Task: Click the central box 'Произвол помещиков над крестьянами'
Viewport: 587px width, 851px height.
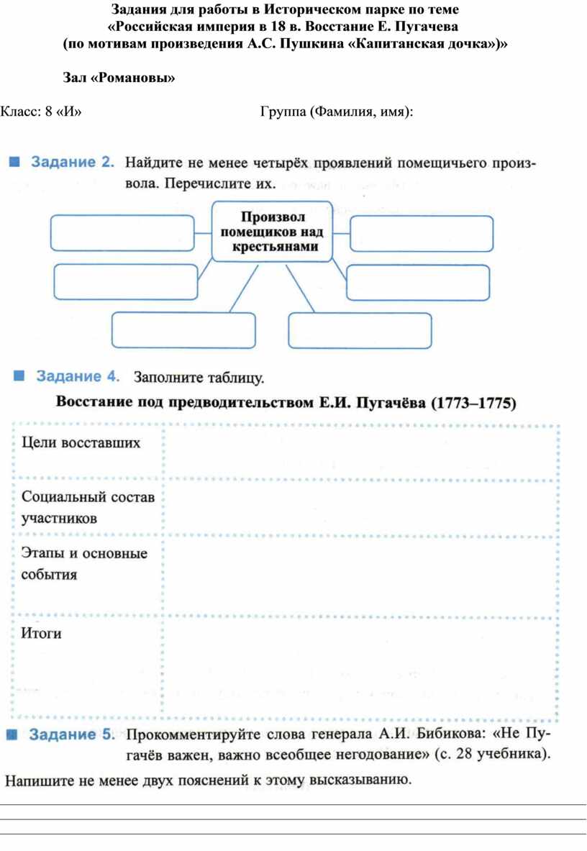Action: point(271,232)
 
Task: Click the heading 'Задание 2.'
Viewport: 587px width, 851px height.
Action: point(73,162)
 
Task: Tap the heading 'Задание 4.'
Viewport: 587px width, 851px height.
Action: point(78,376)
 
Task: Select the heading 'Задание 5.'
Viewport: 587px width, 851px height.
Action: point(72,734)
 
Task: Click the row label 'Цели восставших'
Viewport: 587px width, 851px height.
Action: point(81,443)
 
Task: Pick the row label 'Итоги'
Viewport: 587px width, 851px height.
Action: point(41,633)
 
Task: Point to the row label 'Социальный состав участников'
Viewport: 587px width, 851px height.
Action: point(88,507)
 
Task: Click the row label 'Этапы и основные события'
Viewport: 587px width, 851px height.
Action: point(84,563)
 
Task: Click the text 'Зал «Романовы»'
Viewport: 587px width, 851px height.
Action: point(119,78)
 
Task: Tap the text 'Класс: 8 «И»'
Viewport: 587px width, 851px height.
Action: point(41,112)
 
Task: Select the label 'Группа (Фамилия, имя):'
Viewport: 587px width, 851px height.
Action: point(337,112)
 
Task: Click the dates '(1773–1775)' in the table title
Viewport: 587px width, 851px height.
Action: point(473,403)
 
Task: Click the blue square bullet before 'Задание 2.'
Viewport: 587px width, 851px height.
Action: point(14,162)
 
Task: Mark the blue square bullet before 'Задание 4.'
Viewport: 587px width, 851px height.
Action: point(19,376)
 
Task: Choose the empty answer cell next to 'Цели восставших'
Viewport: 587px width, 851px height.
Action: point(361,452)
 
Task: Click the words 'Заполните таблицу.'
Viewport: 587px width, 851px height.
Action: point(199,377)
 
